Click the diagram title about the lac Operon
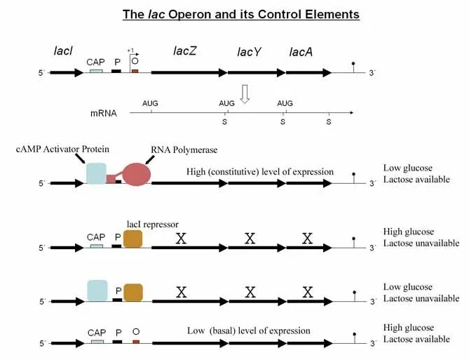(x=240, y=14)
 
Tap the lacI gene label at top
(x=63, y=51)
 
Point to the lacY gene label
(x=249, y=52)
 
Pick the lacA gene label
(x=301, y=52)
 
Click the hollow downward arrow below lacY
(x=245, y=94)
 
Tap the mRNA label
(x=104, y=112)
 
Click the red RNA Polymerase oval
(x=137, y=173)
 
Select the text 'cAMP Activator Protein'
(x=62, y=150)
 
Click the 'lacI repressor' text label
(x=148, y=224)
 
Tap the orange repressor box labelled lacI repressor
(x=132, y=239)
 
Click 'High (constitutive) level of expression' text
(x=260, y=172)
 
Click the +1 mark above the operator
(x=130, y=51)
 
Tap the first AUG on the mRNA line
(x=150, y=103)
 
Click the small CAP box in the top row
(x=95, y=71)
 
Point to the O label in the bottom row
(x=136, y=331)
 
